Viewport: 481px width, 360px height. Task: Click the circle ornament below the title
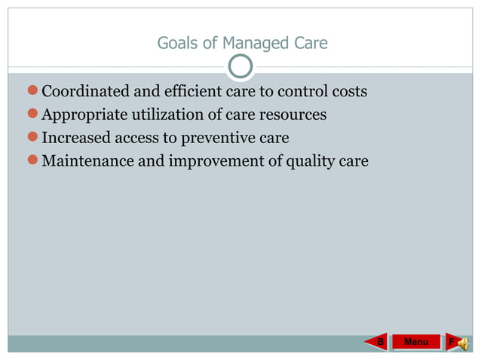coord(240,68)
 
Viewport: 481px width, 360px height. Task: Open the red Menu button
coord(416,342)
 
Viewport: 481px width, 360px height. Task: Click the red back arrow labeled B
coord(380,342)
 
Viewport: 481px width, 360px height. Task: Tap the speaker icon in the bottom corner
coord(462,343)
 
